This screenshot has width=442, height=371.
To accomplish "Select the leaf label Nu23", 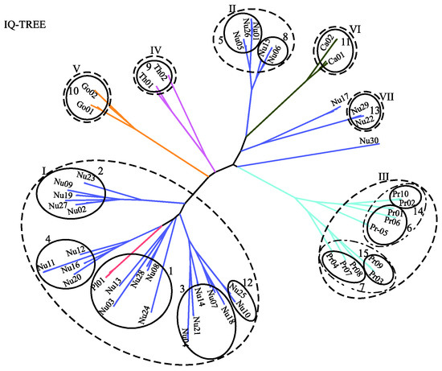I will click(x=87, y=175).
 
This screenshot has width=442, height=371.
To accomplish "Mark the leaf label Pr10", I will click(x=400, y=195).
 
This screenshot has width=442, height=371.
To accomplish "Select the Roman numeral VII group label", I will click(x=387, y=101).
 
